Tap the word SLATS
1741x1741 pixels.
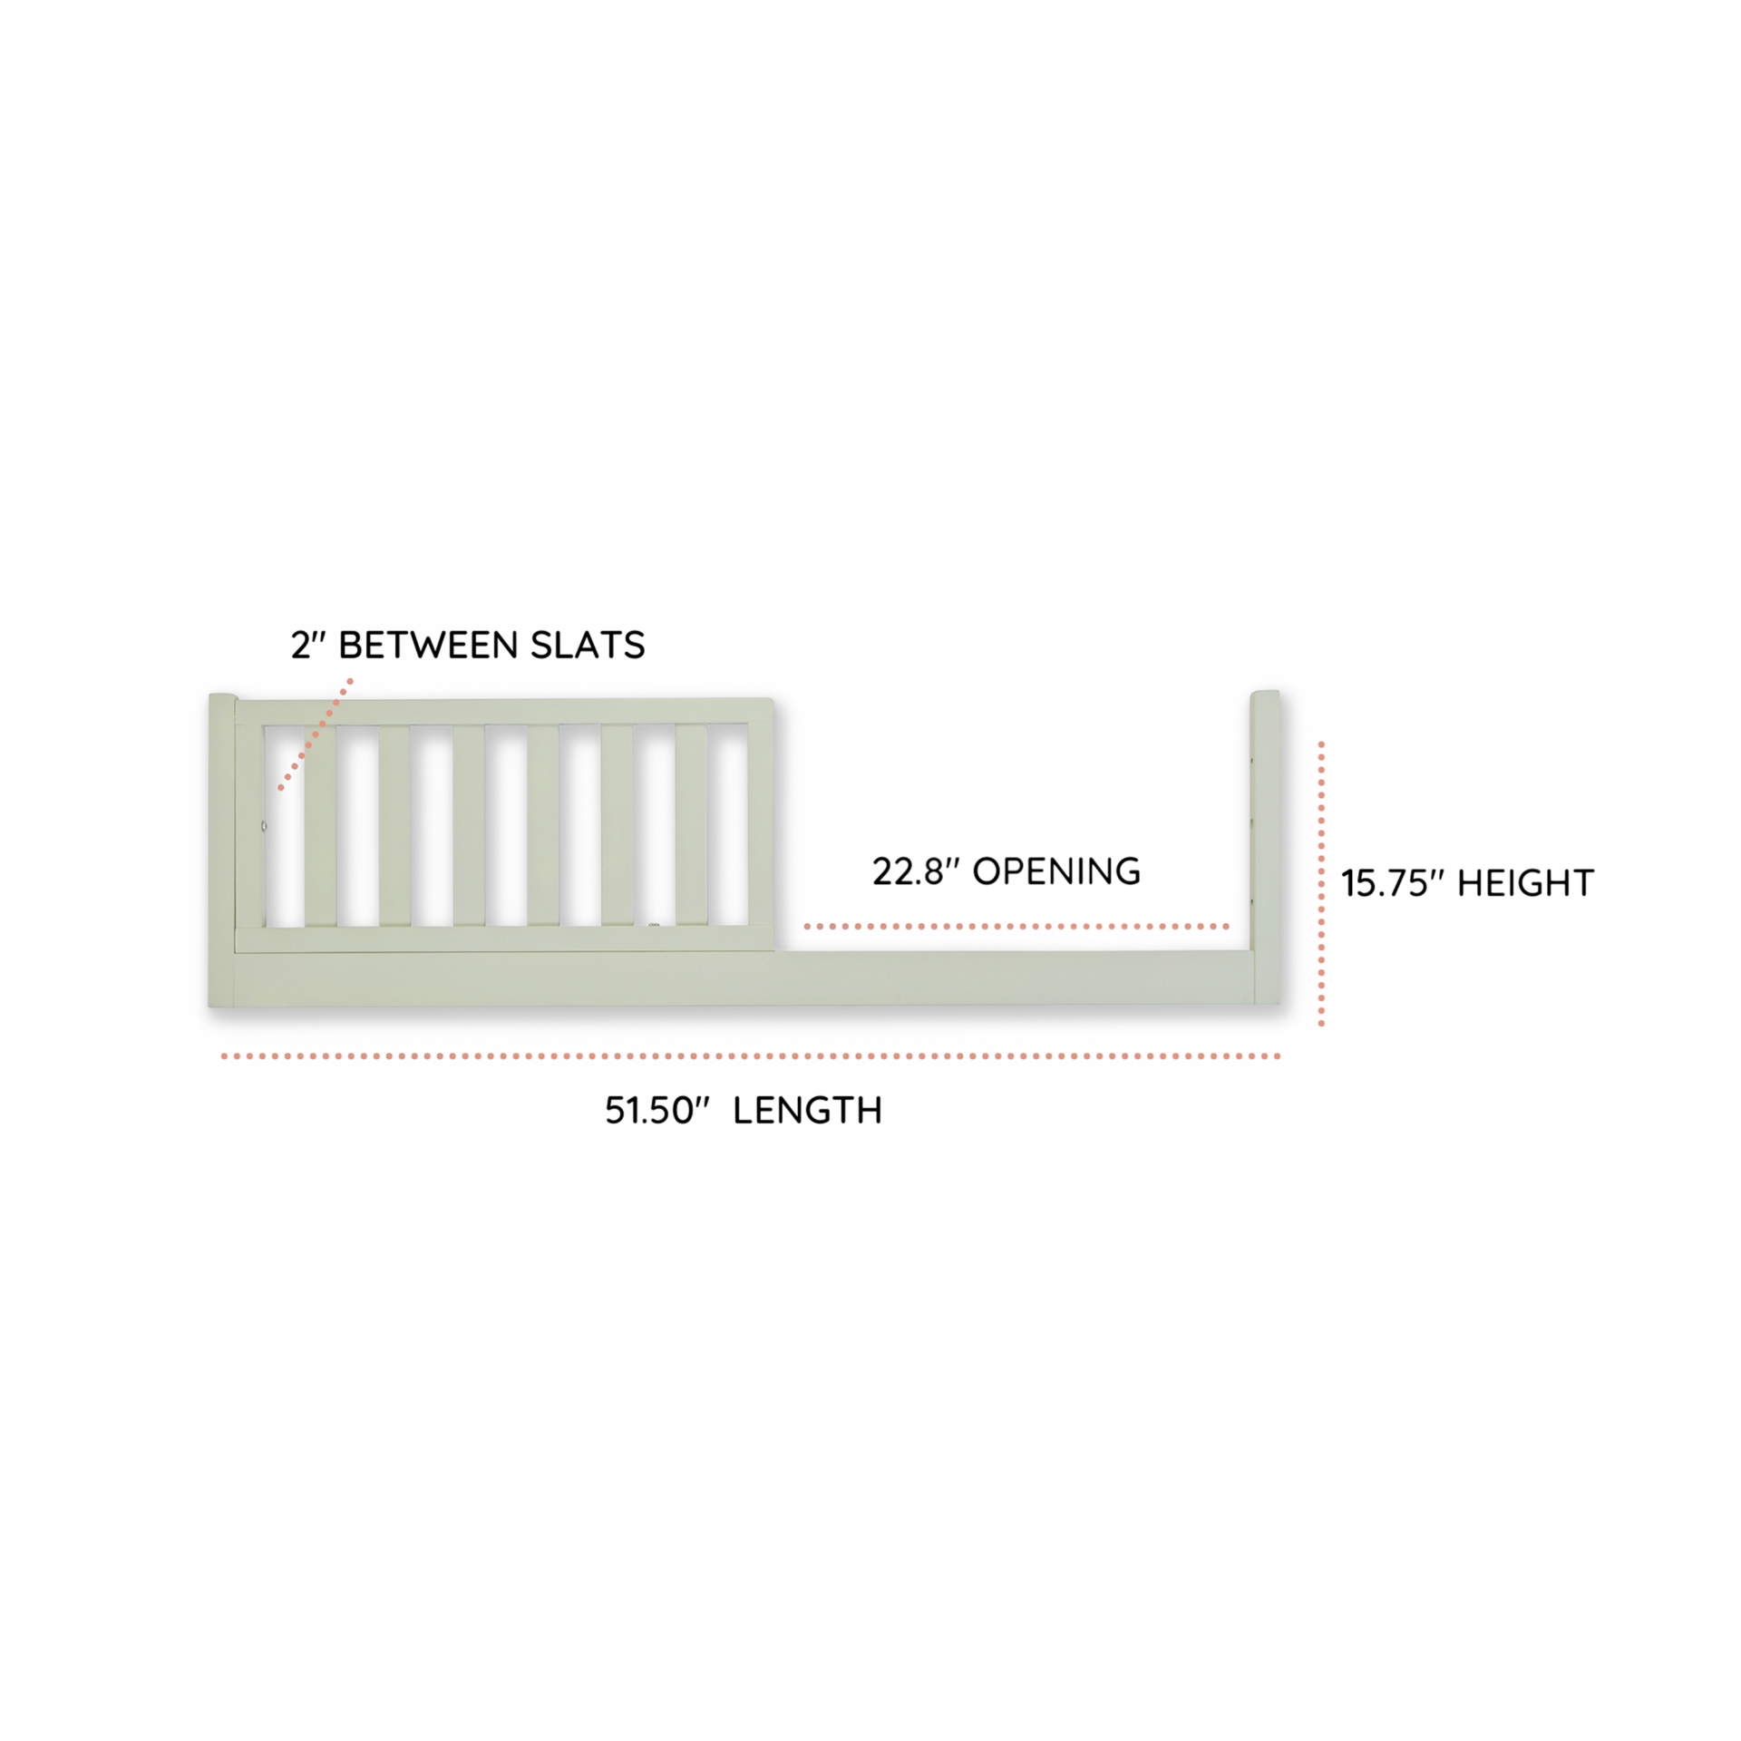pyautogui.click(x=588, y=645)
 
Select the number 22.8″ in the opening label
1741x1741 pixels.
pyautogui.click(x=915, y=871)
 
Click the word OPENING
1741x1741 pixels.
pyautogui.click(x=1056, y=871)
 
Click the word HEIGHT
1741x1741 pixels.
pyautogui.click(x=1525, y=883)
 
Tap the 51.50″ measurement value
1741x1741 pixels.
pyautogui.click(x=656, y=1111)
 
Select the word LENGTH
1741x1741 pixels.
pyautogui.click(x=807, y=1111)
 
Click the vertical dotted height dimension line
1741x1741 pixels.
pyautogui.click(x=1321, y=883)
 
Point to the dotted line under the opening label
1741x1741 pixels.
pyautogui.click(x=1016, y=927)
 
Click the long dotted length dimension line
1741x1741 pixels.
pyautogui.click(x=751, y=1056)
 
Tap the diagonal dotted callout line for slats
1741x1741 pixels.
pyautogui.click(x=316, y=734)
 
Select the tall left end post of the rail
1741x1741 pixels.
pyautogui.click(x=222, y=851)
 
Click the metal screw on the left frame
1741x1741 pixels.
pyautogui.click(x=264, y=826)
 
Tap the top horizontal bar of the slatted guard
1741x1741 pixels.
pyautogui.click(x=504, y=711)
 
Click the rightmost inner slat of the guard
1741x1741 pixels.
pyautogui.click(x=691, y=825)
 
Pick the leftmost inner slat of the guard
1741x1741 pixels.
pyautogui.click(x=320, y=825)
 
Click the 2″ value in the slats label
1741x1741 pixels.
pyautogui.click(x=308, y=645)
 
